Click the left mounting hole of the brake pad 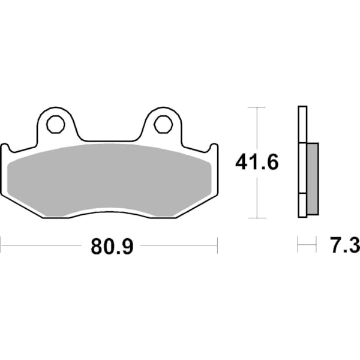point(55,124)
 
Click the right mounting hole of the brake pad point(162,124)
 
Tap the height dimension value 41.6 point(256,162)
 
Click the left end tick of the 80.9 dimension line point(2,245)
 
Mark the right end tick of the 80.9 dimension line point(217,245)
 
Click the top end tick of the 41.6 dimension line point(257,107)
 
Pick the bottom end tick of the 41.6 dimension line point(257,217)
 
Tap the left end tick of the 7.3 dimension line point(298,245)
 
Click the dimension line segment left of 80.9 point(42,245)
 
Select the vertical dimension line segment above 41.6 point(257,129)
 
